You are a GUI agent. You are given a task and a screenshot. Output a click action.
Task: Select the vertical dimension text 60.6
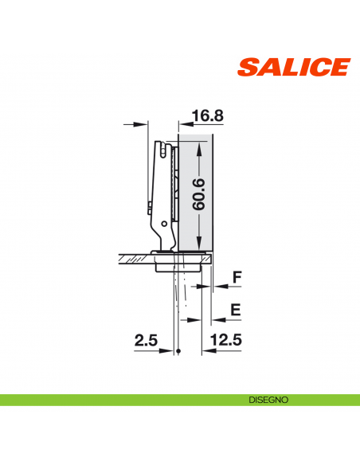tap(199, 193)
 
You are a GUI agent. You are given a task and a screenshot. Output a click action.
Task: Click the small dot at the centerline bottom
tap(180, 352)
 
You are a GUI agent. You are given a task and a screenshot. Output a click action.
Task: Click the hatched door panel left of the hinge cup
tap(131, 256)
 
